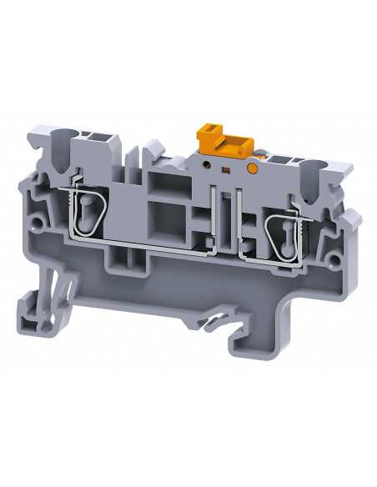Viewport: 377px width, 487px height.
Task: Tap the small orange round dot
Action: [251, 169]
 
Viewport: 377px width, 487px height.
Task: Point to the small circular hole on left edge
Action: [36, 223]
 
